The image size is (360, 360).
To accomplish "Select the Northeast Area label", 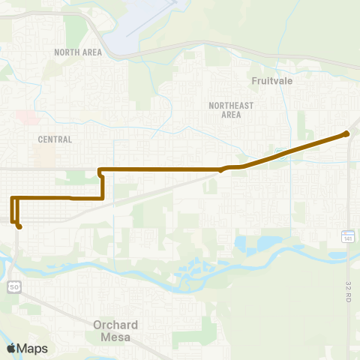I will [x=226, y=110].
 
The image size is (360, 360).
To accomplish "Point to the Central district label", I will [x=55, y=139].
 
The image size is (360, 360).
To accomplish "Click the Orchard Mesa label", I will [x=115, y=331].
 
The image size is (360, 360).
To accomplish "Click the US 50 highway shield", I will [x=14, y=286].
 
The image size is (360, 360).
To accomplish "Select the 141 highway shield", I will [x=348, y=237].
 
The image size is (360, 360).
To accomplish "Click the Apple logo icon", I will [x=11, y=348].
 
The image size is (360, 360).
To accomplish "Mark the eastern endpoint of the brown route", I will [x=346, y=134].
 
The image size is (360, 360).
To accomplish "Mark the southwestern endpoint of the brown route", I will [x=19, y=226].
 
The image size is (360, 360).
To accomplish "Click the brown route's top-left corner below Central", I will [x=100, y=169].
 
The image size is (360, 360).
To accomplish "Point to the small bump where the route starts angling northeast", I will [x=223, y=169].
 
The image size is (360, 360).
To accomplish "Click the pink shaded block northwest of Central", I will [x=27, y=118].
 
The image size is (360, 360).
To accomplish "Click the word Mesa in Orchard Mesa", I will [x=115, y=337].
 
